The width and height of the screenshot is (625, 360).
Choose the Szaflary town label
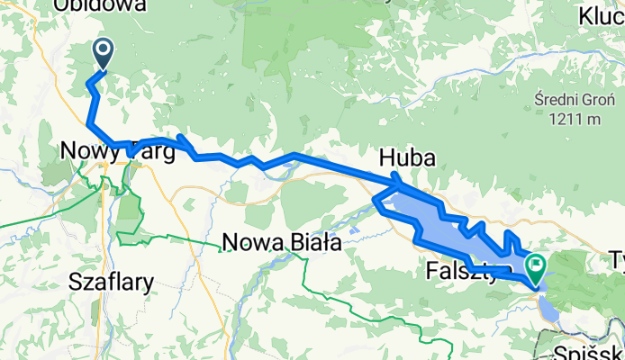tap(110, 283)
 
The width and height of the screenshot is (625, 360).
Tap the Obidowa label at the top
tap(100, 6)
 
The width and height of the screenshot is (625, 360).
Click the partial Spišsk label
tap(589, 351)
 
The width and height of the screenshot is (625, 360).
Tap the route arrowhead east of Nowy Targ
tap(184, 142)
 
